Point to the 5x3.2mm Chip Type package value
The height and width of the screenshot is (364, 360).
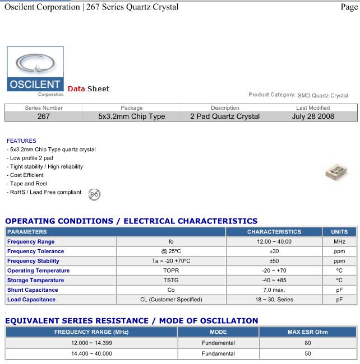coord(132,116)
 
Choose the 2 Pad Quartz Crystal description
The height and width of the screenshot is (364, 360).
coord(225,116)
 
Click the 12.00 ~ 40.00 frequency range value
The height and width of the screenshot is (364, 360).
coord(274,241)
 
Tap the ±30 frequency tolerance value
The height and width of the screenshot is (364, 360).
coord(274,251)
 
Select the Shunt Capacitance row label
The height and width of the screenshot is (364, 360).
coord(33,290)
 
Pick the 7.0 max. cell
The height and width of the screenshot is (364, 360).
coord(274,290)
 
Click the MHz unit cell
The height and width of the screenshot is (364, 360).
coord(339,241)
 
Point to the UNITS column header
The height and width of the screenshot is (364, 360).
coord(339,231)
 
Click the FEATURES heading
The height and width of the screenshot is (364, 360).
coord(22,141)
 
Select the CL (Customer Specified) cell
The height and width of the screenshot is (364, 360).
coord(171,300)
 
